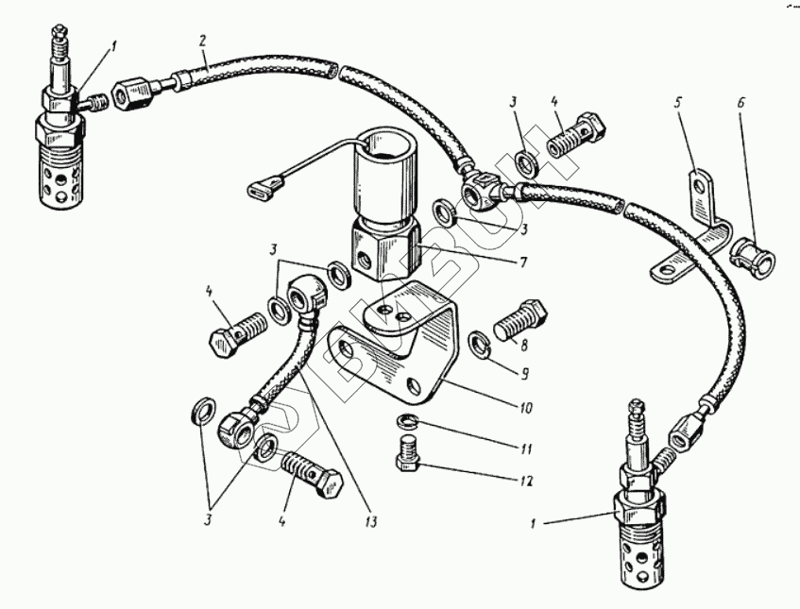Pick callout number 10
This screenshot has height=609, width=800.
tap(525, 409)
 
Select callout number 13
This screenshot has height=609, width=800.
tap(366, 520)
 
